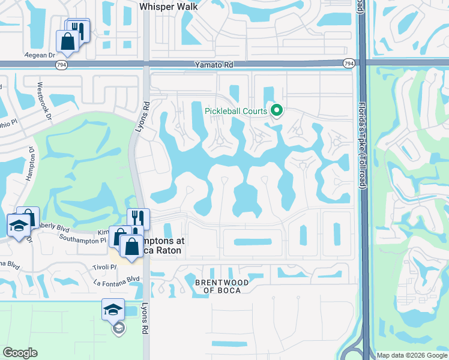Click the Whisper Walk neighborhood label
click(169, 7)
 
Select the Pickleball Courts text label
click(236, 111)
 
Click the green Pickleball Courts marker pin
click(277, 110)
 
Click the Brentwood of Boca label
click(218, 286)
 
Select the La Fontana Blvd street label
click(116, 279)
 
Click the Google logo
click(20, 353)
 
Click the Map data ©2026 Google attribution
click(412, 355)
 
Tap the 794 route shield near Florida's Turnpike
click(349, 64)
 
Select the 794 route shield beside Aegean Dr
click(61, 64)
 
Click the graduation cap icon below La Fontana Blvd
click(113, 310)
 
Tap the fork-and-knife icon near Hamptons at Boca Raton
click(139, 218)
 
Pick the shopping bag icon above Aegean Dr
click(67, 41)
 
